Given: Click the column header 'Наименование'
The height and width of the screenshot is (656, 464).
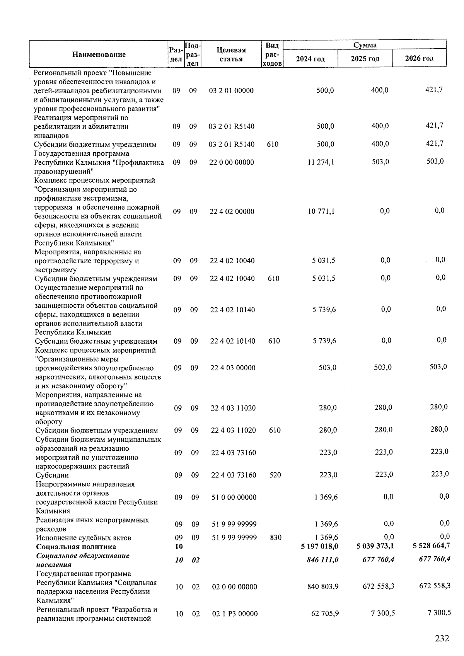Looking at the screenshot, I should click(99, 55).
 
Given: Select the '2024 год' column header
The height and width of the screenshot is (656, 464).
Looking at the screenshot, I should click(310, 59).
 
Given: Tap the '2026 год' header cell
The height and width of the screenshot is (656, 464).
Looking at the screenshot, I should click(419, 58).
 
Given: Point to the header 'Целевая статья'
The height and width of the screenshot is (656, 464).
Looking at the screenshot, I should click(231, 55).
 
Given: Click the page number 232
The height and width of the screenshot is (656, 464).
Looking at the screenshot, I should click(442, 638).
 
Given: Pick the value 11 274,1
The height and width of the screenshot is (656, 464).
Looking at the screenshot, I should click(321, 162).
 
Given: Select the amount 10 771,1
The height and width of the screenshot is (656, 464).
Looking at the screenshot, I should click(321, 211).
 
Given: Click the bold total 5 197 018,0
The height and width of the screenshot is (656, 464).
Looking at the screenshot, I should click(319, 547).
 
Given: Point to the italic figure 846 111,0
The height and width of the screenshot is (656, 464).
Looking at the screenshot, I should click(321, 560).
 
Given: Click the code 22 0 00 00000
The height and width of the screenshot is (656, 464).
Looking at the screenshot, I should click(232, 162).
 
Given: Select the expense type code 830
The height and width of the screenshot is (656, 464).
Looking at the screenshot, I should click(276, 538).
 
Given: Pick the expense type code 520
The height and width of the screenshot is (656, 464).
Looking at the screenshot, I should click(275, 475).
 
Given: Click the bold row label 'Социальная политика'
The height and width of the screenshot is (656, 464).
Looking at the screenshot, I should click(76, 547).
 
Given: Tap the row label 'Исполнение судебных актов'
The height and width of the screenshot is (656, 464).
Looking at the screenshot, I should click(84, 538).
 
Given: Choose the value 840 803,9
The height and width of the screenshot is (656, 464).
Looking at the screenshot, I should click(322, 587).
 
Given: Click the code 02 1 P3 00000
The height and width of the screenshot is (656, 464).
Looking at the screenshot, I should click(234, 614).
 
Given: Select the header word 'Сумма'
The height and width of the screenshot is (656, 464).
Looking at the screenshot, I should click(365, 45).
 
